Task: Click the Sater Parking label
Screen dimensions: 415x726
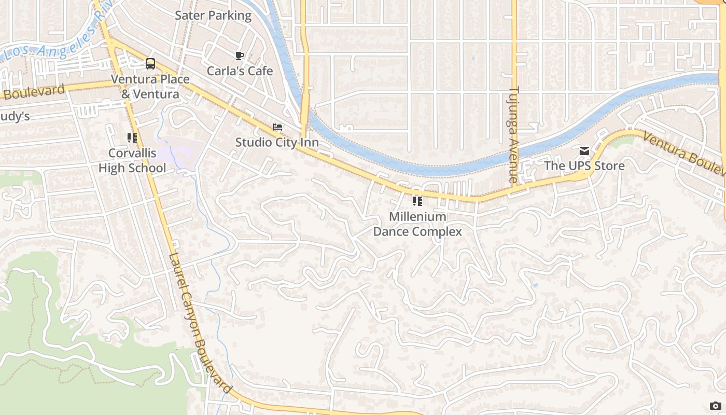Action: [213, 16]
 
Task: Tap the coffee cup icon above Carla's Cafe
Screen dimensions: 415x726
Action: [239, 56]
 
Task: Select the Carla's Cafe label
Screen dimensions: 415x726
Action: [240, 71]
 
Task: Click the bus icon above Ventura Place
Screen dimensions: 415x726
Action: [150, 64]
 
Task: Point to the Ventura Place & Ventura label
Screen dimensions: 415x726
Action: [150, 87]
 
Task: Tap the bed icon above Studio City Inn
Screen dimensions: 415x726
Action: [277, 127]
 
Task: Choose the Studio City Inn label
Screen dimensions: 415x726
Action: [277, 142]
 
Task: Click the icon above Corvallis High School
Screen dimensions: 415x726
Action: [132, 138]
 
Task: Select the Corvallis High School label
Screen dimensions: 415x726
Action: [132, 161]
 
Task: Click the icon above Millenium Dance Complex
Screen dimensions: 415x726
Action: [417, 201]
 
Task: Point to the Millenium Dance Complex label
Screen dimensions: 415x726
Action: [417, 224]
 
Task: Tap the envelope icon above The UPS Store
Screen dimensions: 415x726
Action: [584, 151]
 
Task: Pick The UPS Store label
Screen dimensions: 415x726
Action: [584, 166]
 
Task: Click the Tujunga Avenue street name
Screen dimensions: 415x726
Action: [514, 135]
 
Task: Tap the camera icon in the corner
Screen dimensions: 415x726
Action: [716, 406]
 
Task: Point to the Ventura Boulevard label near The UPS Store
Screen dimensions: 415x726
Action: [683, 153]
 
